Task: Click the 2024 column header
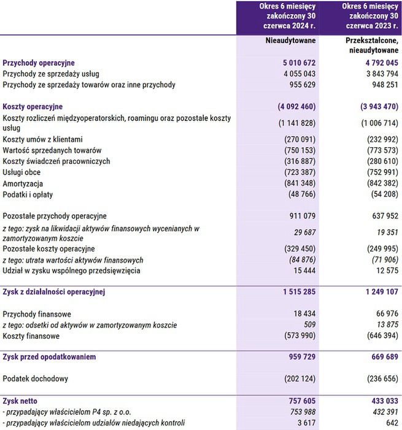point(278,17)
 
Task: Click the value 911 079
point(300,216)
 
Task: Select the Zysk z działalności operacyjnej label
point(54,292)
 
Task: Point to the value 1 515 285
point(296,292)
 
